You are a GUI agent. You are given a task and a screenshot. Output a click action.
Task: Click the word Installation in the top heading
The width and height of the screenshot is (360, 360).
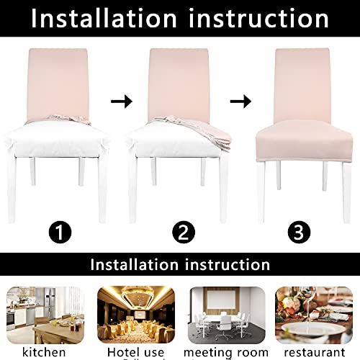point(109,18)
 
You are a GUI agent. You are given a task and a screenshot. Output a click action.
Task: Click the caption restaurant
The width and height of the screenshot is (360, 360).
point(317,351)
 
